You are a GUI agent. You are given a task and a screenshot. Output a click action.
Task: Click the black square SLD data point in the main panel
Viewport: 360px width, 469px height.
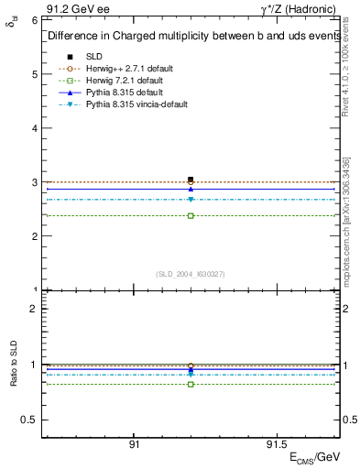pos(191,180)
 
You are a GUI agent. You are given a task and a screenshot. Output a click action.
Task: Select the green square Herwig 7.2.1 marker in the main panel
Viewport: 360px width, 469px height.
pos(191,215)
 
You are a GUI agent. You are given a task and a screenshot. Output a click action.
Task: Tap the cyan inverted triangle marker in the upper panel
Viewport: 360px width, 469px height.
pos(191,200)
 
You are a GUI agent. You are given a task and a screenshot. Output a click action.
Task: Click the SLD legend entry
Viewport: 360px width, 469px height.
pos(95,57)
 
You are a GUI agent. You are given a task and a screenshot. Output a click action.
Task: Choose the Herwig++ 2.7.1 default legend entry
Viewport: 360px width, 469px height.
pos(124,69)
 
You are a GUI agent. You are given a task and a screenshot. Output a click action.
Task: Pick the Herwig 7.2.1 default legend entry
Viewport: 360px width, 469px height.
pos(121,81)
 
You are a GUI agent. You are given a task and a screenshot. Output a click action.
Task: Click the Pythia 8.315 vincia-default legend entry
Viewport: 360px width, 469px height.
pos(136,104)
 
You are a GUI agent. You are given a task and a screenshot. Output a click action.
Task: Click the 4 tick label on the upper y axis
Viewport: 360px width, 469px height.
pos(33,128)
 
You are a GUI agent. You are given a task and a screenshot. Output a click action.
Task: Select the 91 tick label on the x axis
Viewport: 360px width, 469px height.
pos(134,443)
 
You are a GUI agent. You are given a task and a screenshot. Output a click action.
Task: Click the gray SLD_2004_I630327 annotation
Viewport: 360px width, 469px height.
pos(190,274)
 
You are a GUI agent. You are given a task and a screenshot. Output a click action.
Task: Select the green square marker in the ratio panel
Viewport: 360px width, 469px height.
pos(191,384)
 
